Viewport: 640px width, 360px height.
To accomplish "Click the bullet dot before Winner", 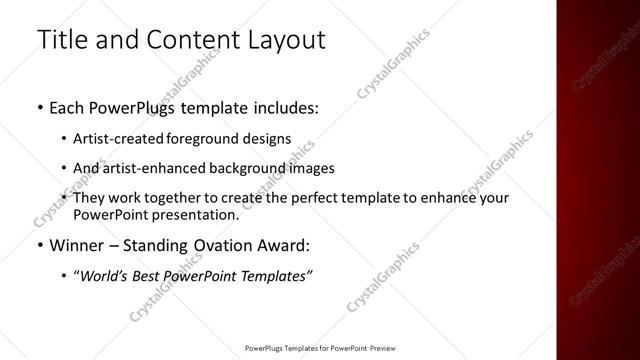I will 38,245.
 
